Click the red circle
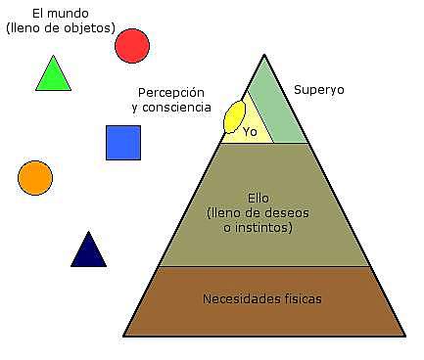click(132, 45)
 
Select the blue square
click(123, 143)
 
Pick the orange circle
click(35, 178)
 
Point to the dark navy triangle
click(88, 252)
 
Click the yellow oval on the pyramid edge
click(234, 116)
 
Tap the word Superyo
click(319, 89)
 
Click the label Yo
click(250, 132)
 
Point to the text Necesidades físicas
click(261, 298)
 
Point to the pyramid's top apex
click(264, 55)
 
